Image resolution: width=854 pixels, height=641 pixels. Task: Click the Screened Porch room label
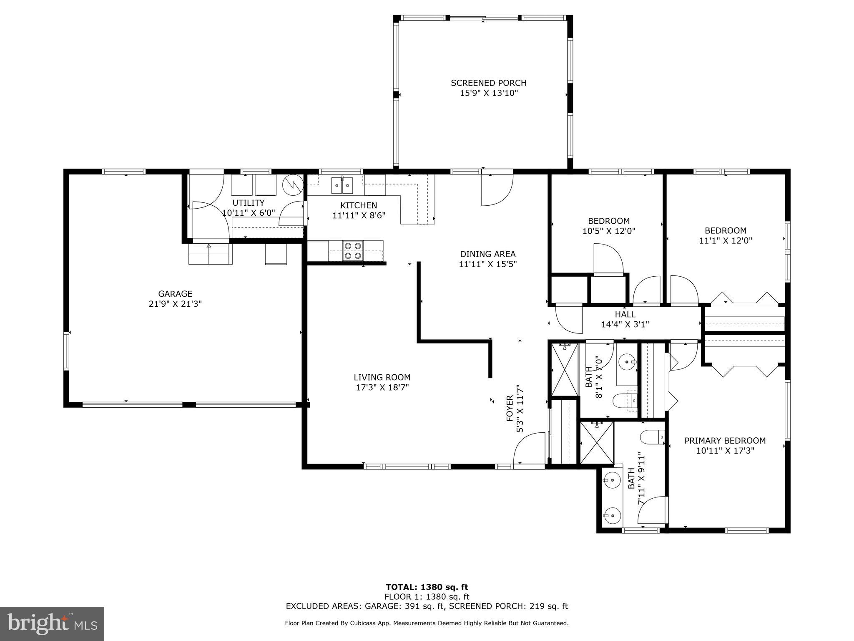(488, 83)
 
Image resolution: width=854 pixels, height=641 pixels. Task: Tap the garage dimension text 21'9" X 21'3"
(175, 304)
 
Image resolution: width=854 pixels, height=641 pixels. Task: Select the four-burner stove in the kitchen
(353, 251)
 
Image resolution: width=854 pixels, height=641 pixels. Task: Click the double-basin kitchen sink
(342, 185)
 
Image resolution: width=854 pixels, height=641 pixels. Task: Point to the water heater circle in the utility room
(291, 184)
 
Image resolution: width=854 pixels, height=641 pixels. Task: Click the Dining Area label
(487, 254)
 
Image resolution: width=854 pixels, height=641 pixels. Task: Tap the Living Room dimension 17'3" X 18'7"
(382, 387)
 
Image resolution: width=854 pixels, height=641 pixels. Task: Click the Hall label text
(625, 314)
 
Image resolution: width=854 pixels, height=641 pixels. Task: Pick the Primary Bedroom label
(725, 441)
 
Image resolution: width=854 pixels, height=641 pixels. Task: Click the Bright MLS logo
(52, 623)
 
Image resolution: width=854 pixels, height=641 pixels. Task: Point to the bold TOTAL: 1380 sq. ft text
(427, 588)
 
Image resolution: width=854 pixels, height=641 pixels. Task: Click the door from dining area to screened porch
(497, 189)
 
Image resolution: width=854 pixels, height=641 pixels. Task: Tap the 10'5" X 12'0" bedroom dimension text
(608, 231)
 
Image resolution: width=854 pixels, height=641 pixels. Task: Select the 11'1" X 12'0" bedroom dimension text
(725, 240)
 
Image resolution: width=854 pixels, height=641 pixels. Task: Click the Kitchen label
(359, 205)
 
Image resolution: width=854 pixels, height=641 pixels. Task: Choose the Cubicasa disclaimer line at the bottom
(427, 623)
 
